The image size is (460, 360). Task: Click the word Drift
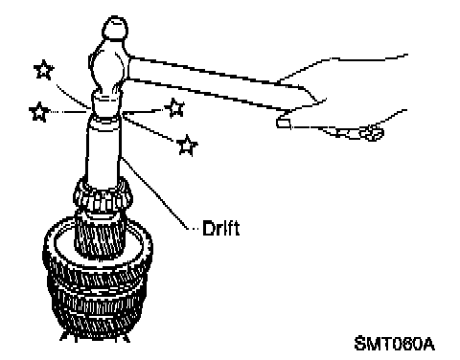tap(220, 228)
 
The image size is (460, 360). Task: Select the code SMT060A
tap(395, 344)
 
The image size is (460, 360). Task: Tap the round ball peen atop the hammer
tap(115, 28)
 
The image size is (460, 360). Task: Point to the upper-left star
tap(44, 70)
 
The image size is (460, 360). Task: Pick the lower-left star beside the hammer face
tap(39, 112)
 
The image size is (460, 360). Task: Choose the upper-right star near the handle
tap(174, 108)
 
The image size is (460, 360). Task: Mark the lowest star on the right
tap(187, 146)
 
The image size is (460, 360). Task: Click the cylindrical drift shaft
tap(103, 150)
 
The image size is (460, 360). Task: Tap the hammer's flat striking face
tap(106, 103)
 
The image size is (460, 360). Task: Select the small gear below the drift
tap(103, 194)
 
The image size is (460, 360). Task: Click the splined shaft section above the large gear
tap(100, 235)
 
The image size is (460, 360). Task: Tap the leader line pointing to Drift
tap(155, 193)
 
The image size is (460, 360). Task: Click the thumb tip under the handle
tap(283, 123)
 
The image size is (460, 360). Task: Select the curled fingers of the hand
tap(362, 132)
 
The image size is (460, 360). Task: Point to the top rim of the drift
tap(103, 120)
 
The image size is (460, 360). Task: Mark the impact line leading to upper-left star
tap(72, 96)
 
